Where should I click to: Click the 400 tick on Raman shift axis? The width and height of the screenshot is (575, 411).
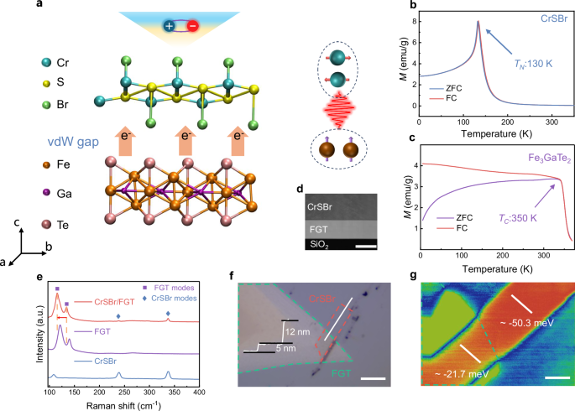pos(199,392)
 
